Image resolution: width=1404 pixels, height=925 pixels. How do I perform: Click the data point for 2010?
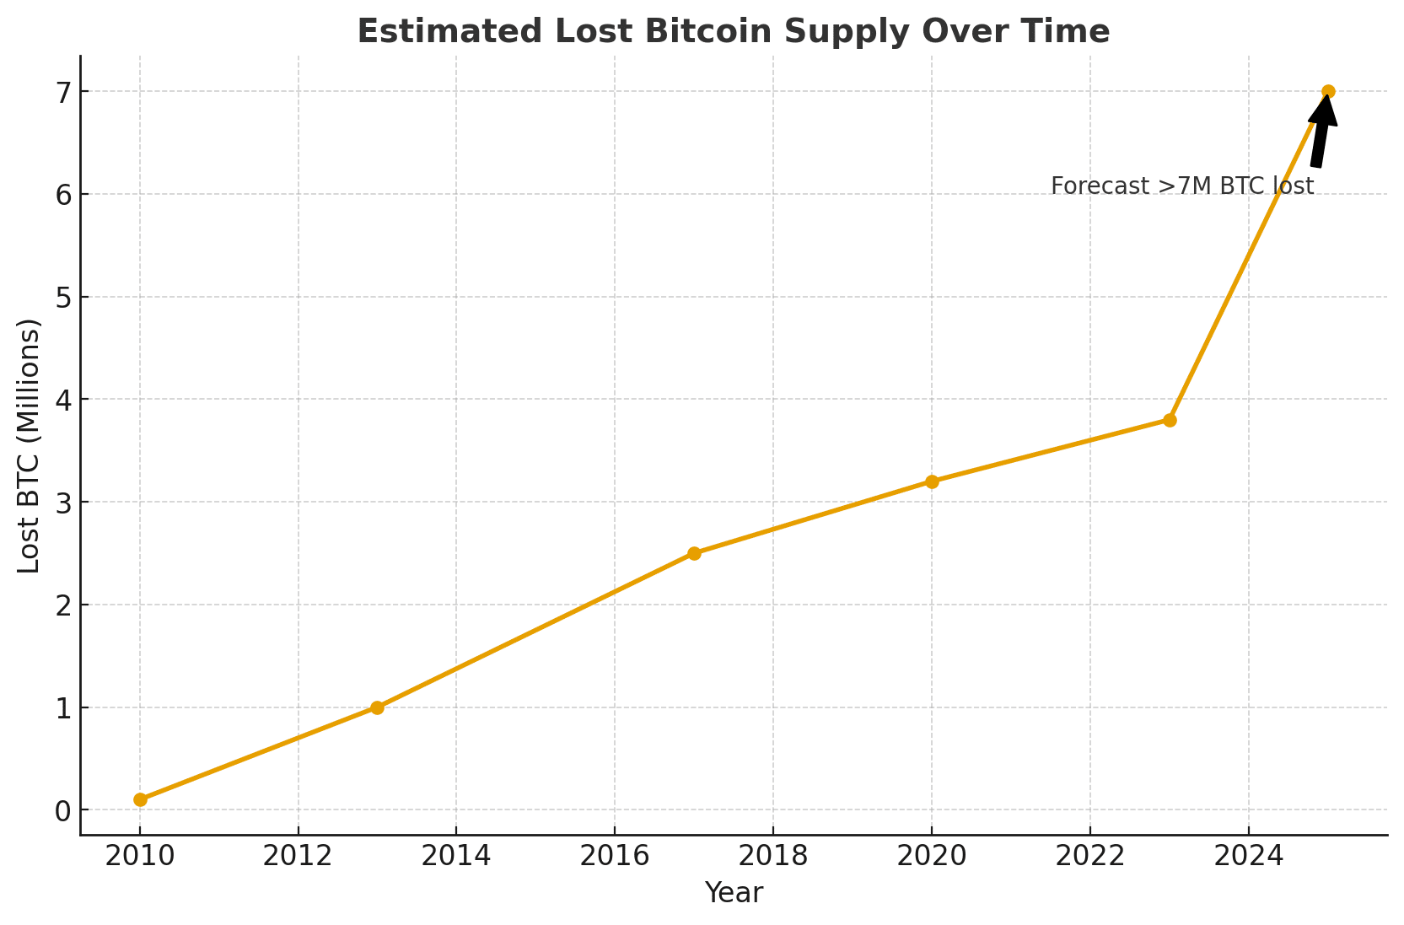click(140, 799)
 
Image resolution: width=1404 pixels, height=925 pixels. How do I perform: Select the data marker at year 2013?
click(377, 707)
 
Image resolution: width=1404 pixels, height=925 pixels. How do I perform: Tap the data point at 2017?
click(694, 553)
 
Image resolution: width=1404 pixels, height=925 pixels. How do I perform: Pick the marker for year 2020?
click(932, 481)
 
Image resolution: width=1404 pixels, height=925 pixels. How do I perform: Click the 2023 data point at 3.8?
click(1170, 420)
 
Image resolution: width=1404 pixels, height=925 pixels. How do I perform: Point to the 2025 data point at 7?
click(1328, 91)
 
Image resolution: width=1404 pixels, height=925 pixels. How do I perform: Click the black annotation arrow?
click(1321, 135)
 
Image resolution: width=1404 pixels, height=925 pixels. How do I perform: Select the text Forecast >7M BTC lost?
click(1181, 186)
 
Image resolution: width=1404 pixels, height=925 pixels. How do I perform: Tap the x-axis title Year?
click(734, 893)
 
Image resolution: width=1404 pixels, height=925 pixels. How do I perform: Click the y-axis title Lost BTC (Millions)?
click(30, 445)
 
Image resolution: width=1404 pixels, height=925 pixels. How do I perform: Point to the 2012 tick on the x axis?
click(298, 856)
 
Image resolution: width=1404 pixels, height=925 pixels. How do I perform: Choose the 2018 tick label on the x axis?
click(772, 856)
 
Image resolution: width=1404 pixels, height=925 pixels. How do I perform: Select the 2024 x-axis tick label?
click(1248, 856)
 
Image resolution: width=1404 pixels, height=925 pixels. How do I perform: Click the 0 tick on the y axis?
click(62, 810)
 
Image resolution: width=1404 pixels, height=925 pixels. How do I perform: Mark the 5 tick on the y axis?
click(62, 297)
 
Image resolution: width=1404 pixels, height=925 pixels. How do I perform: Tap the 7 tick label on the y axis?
click(62, 91)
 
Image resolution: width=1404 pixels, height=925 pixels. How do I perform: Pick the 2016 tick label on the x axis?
click(614, 856)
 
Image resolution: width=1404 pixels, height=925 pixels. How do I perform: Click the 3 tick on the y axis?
click(62, 503)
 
